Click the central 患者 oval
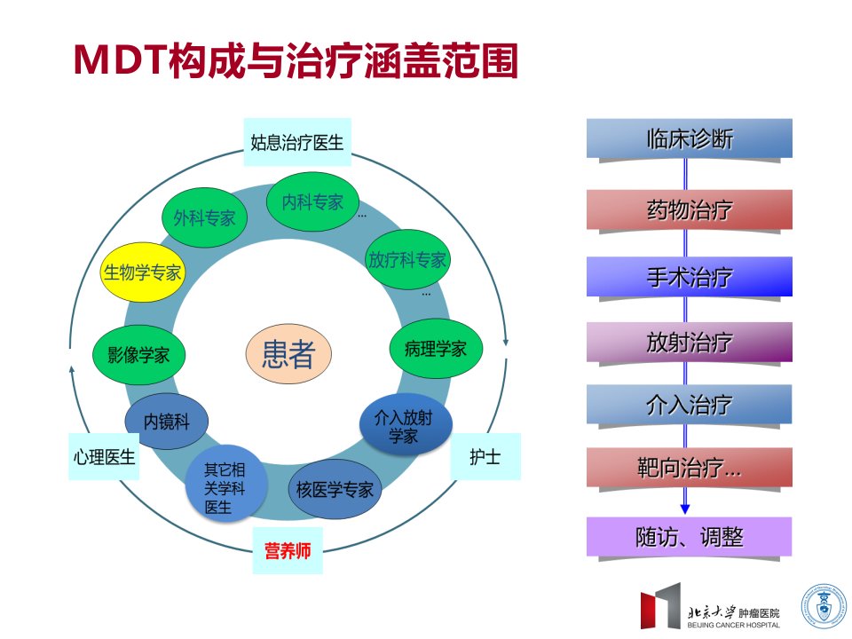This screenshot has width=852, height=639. pyautogui.click(x=288, y=354)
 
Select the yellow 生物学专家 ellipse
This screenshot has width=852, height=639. pyautogui.click(x=142, y=272)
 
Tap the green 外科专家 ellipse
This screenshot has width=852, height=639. pyautogui.click(x=204, y=217)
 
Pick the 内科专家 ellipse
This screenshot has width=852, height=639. pyautogui.click(x=312, y=201)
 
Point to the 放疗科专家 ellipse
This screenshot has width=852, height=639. pyautogui.click(x=407, y=260)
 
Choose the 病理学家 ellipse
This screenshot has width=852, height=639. pyautogui.click(x=436, y=348)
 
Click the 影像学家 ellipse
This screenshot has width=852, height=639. pyautogui.click(x=138, y=355)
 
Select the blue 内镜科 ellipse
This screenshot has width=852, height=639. pyautogui.click(x=166, y=421)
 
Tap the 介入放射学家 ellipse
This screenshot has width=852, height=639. pyautogui.click(x=406, y=425)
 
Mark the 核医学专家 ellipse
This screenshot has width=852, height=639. pyautogui.click(x=335, y=489)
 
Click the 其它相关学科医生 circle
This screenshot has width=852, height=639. pyautogui.click(x=226, y=486)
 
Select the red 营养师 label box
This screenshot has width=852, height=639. pyautogui.click(x=288, y=550)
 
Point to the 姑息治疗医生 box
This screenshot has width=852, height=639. pyautogui.click(x=297, y=142)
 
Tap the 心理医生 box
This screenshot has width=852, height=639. pyautogui.click(x=104, y=456)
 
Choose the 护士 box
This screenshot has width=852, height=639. pyautogui.click(x=485, y=456)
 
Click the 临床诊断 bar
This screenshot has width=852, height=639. pyautogui.click(x=689, y=138)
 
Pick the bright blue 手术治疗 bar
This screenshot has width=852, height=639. pyautogui.click(x=689, y=277)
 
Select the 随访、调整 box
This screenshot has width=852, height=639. pyautogui.click(x=689, y=537)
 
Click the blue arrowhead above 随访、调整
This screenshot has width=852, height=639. pyautogui.click(x=685, y=509)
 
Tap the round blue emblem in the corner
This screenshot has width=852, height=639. pyautogui.click(x=824, y=606)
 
